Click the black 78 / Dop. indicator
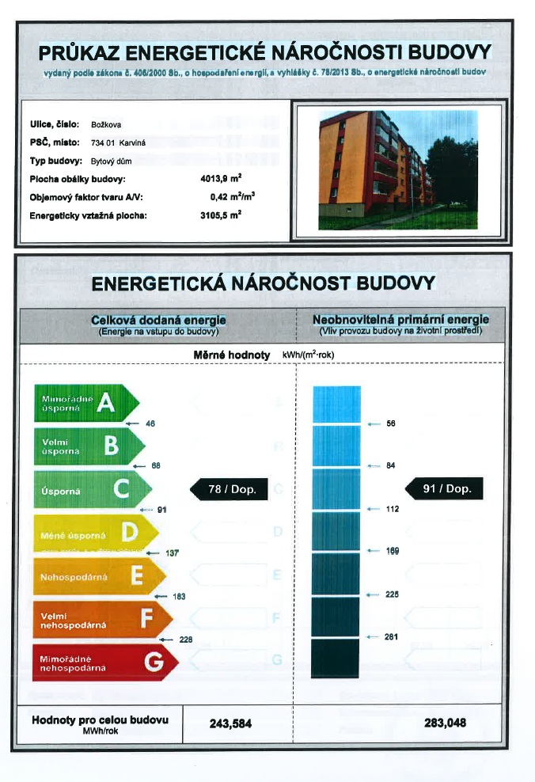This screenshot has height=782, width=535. tap(228, 490)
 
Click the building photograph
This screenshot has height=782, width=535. tap(397, 169)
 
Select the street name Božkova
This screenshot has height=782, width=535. tap(106, 124)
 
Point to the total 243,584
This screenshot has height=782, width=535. tap(230, 723)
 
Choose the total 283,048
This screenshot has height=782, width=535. tap(446, 723)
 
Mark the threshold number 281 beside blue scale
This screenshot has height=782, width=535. tap(391, 637)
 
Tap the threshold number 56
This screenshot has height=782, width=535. tap(390, 423)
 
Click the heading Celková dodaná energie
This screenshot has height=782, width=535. tap(158, 319)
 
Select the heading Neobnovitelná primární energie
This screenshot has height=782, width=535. tap(400, 319)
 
